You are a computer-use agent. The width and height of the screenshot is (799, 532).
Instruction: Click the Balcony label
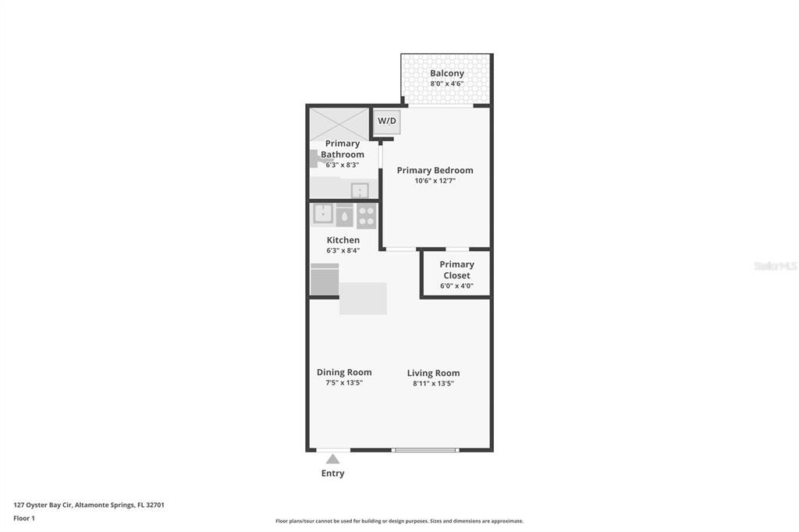pos(446,73)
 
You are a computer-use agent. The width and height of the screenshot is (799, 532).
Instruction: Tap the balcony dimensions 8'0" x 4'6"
pos(446,83)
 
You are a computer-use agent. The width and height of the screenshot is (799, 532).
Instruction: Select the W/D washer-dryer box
pos(388,121)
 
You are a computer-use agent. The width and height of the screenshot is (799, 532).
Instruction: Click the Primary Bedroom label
pos(435,170)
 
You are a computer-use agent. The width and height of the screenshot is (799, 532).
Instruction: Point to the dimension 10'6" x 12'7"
pos(435,180)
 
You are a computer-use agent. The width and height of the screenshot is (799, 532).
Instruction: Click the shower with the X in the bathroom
pos(339,123)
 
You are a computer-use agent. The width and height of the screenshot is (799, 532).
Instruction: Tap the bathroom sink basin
pos(360,190)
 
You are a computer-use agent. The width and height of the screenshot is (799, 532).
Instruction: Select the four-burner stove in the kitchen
pos(367,215)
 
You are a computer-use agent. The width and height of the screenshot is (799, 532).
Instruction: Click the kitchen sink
pos(323,215)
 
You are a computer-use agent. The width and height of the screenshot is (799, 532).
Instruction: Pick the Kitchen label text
pos(343,240)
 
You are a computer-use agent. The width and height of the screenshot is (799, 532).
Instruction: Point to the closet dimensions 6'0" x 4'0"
pos(456,286)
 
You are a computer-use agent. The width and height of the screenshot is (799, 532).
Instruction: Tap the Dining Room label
pos(344,372)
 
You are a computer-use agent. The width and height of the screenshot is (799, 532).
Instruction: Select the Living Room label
pos(433,373)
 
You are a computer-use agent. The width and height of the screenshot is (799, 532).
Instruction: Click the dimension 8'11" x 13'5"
pos(433,383)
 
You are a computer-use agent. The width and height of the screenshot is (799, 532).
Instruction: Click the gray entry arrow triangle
pos(333,459)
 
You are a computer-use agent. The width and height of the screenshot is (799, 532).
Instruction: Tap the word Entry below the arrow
pos(333,473)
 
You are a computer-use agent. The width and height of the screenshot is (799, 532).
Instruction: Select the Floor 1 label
pos(24,518)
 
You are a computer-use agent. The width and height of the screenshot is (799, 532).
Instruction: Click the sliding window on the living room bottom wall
pos(425,449)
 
